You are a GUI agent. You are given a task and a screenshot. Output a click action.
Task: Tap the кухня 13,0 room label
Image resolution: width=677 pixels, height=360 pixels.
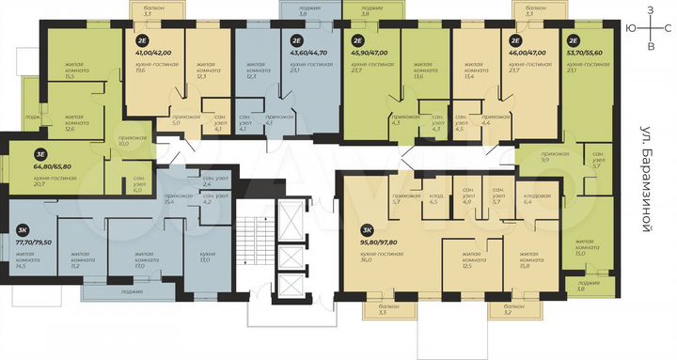[206, 257]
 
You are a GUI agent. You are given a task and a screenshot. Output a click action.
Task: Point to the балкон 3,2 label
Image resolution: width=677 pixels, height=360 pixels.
[513, 310]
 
